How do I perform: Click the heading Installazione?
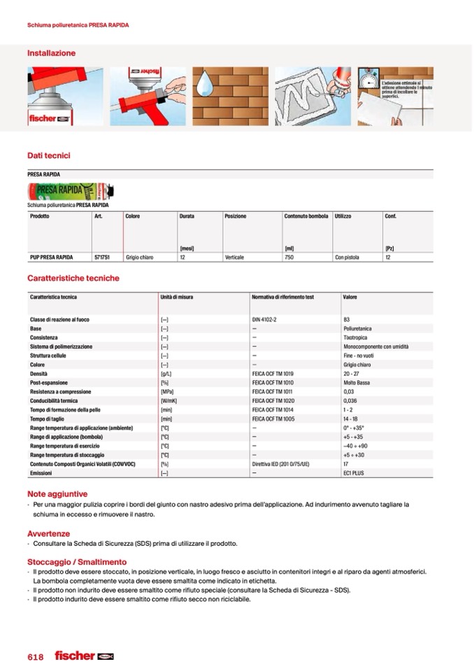point(51,53)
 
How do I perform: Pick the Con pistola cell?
point(347,257)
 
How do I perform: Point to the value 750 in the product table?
point(289,257)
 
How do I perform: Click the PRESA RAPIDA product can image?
point(70,191)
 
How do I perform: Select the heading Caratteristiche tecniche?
point(73,278)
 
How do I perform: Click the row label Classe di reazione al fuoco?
point(59,320)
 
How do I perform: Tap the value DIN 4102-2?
point(265,320)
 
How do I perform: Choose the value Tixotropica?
point(355,337)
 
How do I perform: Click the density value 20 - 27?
point(351,374)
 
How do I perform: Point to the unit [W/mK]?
point(168,401)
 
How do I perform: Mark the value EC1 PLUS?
point(354,473)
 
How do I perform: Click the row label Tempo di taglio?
point(48,418)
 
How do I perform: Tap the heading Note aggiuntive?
point(57,494)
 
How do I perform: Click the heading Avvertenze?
point(48,534)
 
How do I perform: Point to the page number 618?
point(36,657)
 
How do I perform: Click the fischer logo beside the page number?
point(83,656)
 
